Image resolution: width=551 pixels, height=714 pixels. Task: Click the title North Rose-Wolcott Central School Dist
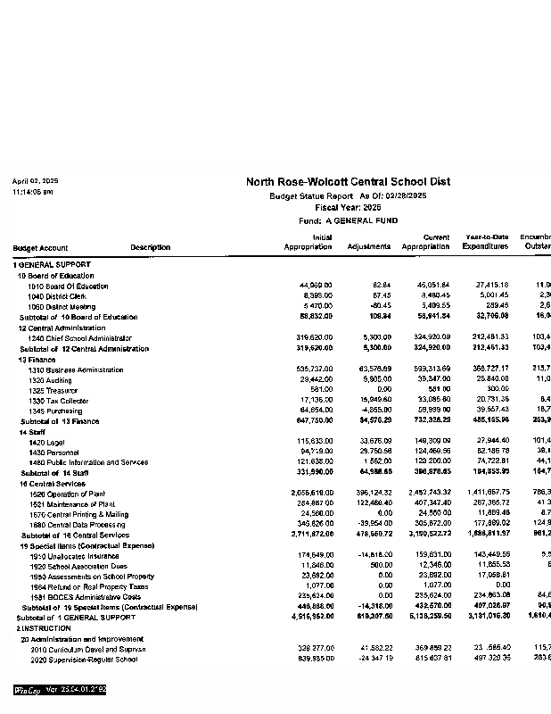click(x=348, y=181)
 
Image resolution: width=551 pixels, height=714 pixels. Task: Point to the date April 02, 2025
click(x=36, y=181)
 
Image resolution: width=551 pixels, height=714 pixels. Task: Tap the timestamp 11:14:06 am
click(x=33, y=192)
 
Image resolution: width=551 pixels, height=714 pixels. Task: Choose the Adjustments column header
click(x=368, y=246)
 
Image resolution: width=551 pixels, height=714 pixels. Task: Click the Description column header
click(x=150, y=247)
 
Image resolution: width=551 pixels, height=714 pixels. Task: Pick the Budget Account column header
click(x=40, y=247)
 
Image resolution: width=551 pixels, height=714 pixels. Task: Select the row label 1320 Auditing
click(x=50, y=379)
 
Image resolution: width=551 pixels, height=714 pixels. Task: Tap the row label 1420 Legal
click(x=46, y=442)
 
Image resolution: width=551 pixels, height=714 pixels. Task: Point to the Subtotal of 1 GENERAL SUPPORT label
click(x=77, y=618)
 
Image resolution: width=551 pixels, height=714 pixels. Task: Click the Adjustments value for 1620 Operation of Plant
click(x=373, y=493)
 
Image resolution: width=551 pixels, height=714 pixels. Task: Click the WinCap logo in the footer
click(x=27, y=690)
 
